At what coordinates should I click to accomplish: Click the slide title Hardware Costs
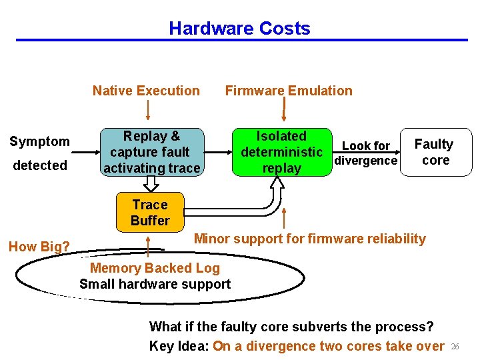point(239,29)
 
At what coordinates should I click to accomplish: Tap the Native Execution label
point(146,91)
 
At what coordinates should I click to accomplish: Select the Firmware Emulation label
point(289,91)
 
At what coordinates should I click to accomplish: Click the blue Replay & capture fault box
point(151,152)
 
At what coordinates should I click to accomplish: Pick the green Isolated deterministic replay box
point(281,152)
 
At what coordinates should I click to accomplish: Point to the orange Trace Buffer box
point(150,212)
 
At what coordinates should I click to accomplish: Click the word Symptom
point(39,141)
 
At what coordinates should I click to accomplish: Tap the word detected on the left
point(39,165)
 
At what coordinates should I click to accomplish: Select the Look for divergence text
point(365,153)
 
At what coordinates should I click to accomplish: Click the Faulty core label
point(433,152)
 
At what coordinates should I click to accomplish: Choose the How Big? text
point(39,247)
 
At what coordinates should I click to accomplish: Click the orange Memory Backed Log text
point(155,268)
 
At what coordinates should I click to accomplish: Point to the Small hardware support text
point(155,284)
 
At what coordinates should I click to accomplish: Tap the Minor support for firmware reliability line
point(309,239)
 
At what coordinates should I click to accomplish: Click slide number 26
point(456,347)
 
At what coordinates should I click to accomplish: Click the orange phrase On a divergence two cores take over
point(328,346)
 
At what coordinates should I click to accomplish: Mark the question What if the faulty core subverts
point(291,327)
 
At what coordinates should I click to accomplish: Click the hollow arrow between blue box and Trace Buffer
point(150,185)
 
